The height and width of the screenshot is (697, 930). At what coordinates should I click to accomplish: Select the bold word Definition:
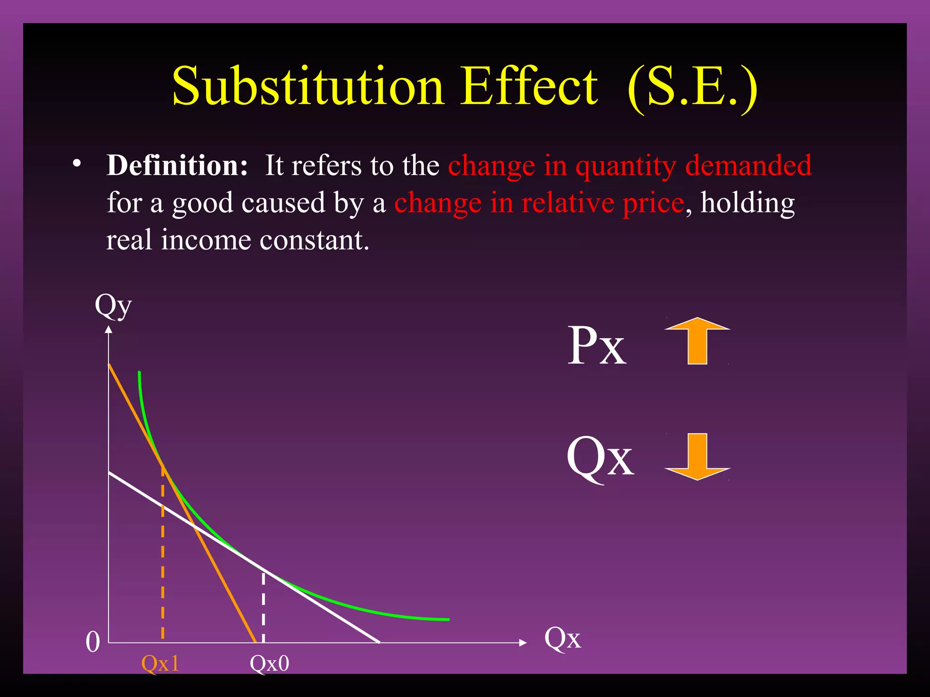[177, 165]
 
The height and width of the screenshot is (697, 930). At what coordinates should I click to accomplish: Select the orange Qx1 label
[160, 663]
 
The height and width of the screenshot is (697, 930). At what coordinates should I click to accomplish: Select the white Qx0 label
[269, 663]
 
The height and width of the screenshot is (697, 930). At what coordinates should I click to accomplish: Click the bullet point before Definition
[77, 164]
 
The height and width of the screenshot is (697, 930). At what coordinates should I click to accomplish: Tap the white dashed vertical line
[263, 608]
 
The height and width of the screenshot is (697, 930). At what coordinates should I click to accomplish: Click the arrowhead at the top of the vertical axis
[109, 329]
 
